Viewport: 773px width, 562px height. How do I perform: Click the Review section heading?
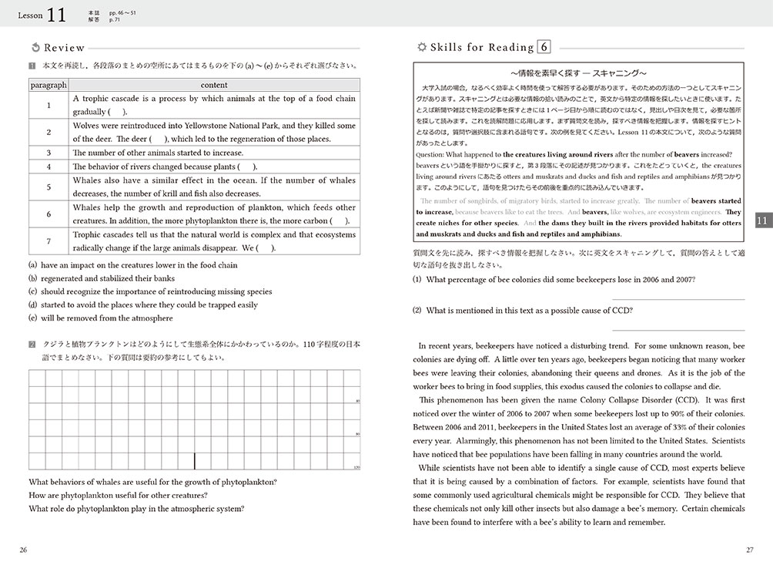(x=64, y=48)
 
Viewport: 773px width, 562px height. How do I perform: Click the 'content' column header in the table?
(x=214, y=85)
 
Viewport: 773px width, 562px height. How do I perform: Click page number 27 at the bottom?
(x=749, y=549)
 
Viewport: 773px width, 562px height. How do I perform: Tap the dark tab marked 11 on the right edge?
(x=762, y=220)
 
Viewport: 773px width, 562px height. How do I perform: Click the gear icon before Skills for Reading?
(x=420, y=48)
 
